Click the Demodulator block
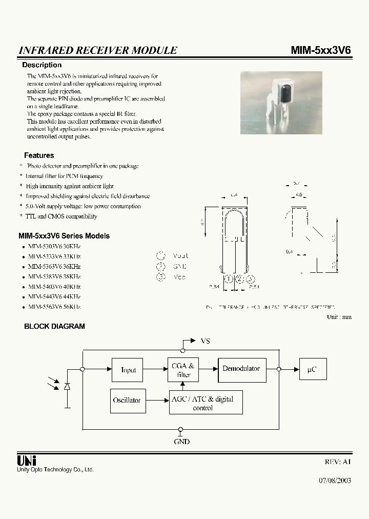(x=241, y=369)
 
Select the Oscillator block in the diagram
(x=127, y=401)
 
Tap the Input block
(x=129, y=370)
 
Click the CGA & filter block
(x=182, y=370)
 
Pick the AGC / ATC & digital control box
(x=206, y=403)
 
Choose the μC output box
(x=313, y=369)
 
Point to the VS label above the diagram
(x=205, y=341)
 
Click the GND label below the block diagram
(x=181, y=442)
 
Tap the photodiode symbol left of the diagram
(x=67, y=386)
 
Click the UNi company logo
(x=27, y=460)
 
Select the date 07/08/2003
(x=335, y=482)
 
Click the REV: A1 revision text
(x=338, y=462)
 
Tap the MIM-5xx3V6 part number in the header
(x=321, y=50)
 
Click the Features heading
(x=39, y=155)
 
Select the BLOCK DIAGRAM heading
(x=54, y=326)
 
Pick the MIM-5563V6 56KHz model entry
(x=54, y=307)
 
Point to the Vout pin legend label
(x=180, y=255)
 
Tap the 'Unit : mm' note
(x=339, y=317)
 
